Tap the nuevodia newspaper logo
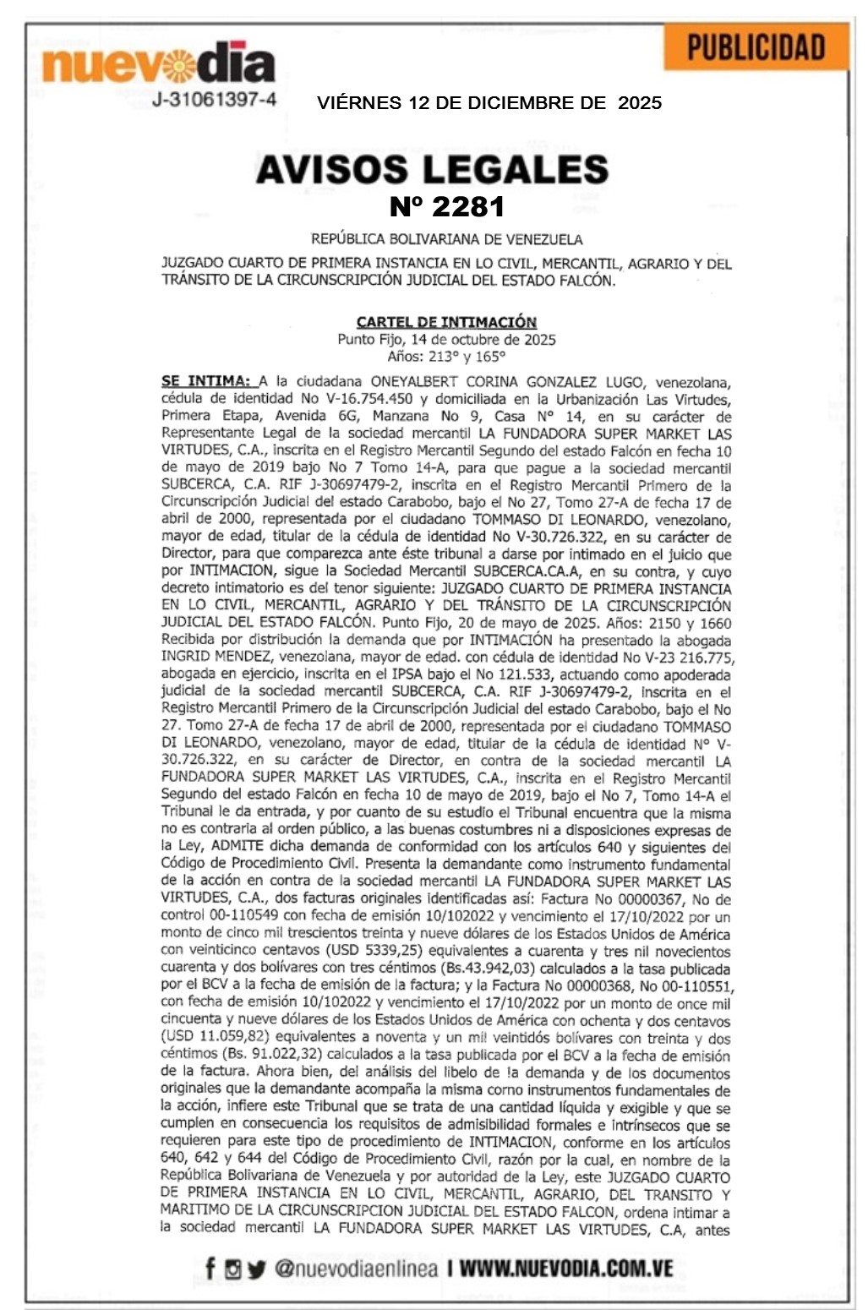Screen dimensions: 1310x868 pyautogui.click(x=159, y=63)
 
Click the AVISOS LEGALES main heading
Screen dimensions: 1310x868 pyautogui.click(x=432, y=169)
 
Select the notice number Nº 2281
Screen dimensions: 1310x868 pyautogui.click(x=447, y=206)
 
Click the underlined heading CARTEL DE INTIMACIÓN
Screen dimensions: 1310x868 pyautogui.click(x=446, y=321)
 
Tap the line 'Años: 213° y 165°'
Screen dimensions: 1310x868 pyautogui.click(x=446, y=357)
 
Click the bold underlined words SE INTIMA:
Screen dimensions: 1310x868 pyautogui.click(x=205, y=381)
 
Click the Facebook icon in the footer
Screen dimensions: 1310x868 pyautogui.click(x=210, y=1268)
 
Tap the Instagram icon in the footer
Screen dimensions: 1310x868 pyautogui.click(x=232, y=1268)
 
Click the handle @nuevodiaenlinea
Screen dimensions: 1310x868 pyautogui.click(x=356, y=1268)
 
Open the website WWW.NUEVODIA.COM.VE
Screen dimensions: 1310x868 pyautogui.click(x=566, y=1268)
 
